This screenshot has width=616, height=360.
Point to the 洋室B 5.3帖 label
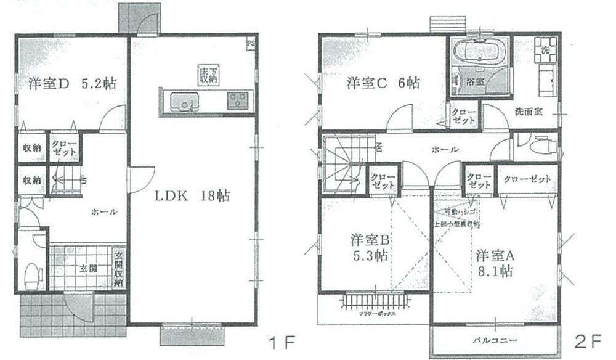[x=368, y=248]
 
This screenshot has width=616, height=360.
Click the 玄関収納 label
[x=119, y=269]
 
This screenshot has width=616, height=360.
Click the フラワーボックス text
[x=375, y=314]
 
